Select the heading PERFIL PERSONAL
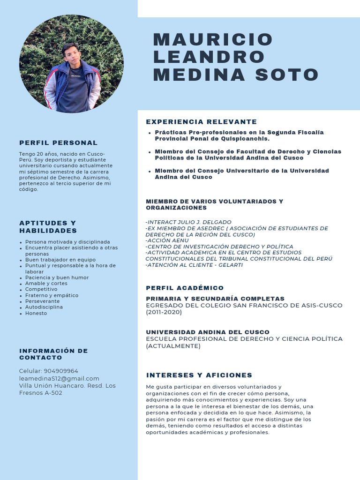pyautogui.click(x=59, y=142)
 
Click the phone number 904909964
pyautogui.click(x=61, y=371)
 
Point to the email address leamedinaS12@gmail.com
pyautogui.click(x=59, y=378)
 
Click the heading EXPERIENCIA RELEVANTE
pyautogui.click(x=202, y=122)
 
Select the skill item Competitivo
pyautogui.click(x=41, y=289)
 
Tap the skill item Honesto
pyautogui.click(x=36, y=313)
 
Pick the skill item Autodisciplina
pyautogui.click(x=44, y=307)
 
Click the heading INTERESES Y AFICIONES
pyautogui.click(x=199, y=375)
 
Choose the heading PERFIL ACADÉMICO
pyautogui.click(x=185, y=288)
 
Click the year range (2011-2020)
pyautogui.click(x=164, y=312)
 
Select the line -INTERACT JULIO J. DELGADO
pyautogui.click(x=188, y=222)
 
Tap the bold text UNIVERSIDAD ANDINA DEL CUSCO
pyautogui.click(x=208, y=332)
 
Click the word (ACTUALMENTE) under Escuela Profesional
pyautogui.click(x=173, y=346)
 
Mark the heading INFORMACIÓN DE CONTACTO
pyautogui.click(x=53, y=354)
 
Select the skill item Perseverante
pyautogui.click(x=43, y=301)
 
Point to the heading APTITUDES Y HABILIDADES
pyautogui.click(x=48, y=227)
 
